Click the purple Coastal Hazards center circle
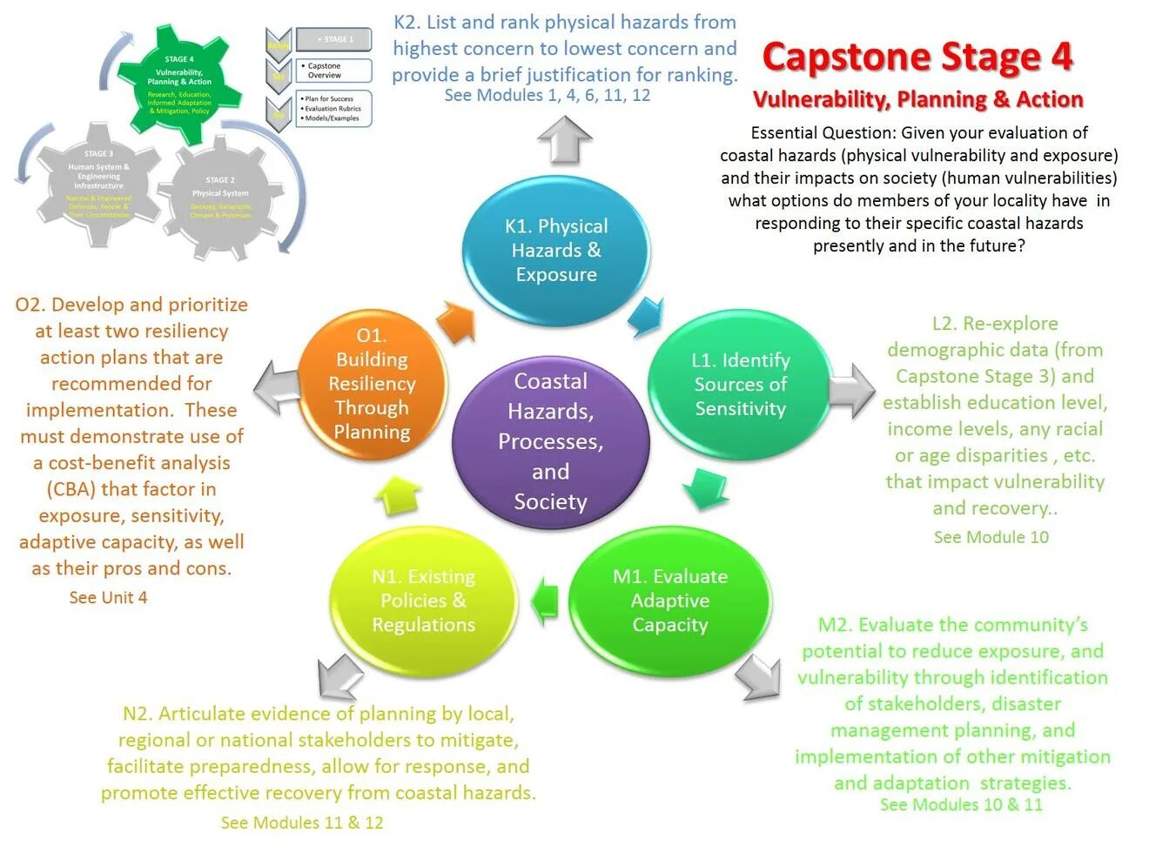point(550,441)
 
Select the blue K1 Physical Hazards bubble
point(555,251)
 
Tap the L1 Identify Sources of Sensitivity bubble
point(740,384)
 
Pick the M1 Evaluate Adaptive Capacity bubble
point(669,601)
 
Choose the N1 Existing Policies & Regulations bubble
point(423,601)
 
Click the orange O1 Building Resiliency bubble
point(372,384)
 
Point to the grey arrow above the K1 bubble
point(565,140)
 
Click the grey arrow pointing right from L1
point(850,389)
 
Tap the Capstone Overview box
point(334,70)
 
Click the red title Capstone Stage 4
point(917,57)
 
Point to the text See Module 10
point(991,537)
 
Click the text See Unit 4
point(108,597)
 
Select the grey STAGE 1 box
point(334,39)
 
